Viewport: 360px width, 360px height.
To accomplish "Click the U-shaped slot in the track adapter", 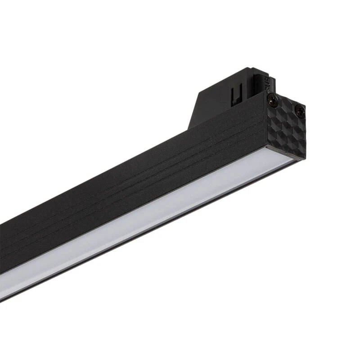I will click(x=234, y=95).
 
